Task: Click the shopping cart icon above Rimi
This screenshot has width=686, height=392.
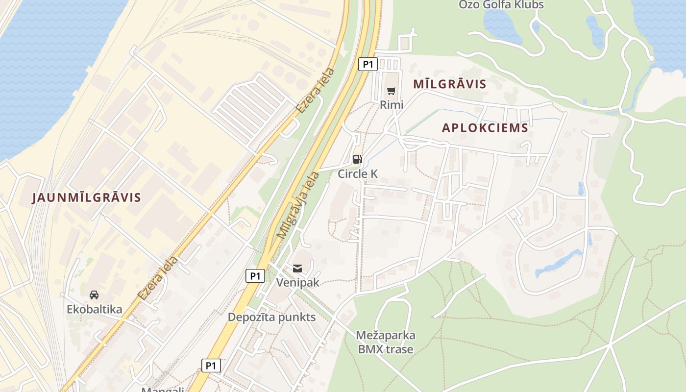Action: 391,91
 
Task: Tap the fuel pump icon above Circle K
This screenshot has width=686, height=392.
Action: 358,159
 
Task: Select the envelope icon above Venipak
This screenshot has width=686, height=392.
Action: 297,268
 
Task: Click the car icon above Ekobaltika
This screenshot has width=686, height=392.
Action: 94,294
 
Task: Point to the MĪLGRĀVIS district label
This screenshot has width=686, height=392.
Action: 450,84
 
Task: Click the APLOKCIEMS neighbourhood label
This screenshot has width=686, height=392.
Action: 485,128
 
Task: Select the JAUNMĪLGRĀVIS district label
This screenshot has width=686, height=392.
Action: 86,197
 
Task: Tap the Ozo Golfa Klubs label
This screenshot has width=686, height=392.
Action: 501,5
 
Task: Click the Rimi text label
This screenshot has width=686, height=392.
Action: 392,104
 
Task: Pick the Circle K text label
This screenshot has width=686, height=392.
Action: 358,173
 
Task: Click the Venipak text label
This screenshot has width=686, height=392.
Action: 297,283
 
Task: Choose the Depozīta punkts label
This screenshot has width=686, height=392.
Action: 271,317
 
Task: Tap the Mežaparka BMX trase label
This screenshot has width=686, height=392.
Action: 386,342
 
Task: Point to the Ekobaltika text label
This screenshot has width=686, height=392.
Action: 95,309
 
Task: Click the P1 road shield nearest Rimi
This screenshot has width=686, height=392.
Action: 367,64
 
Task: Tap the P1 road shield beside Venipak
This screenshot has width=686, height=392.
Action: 255,276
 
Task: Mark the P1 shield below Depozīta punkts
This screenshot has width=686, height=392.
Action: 211,365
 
